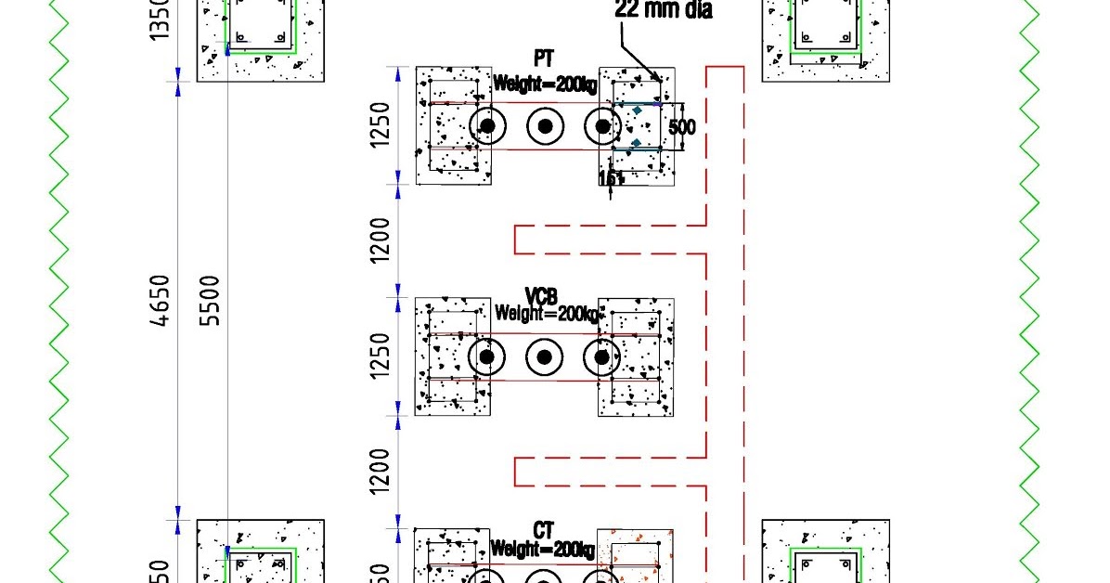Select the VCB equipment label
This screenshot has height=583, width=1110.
click(x=541, y=296)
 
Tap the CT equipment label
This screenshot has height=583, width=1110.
click(x=544, y=530)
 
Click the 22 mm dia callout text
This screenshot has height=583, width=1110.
click(x=664, y=11)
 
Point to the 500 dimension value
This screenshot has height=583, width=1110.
click(x=682, y=126)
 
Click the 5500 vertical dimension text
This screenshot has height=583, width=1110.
click(x=211, y=300)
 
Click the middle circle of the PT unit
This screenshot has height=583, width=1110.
click(x=546, y=126)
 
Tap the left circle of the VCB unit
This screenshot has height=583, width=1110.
click(x=487, y=357)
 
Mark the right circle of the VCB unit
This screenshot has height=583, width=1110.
click(x=602, y=357)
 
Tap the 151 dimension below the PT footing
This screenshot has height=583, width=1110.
click(x=610, y=178)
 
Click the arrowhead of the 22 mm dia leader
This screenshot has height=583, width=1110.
click(x=659, y=80)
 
